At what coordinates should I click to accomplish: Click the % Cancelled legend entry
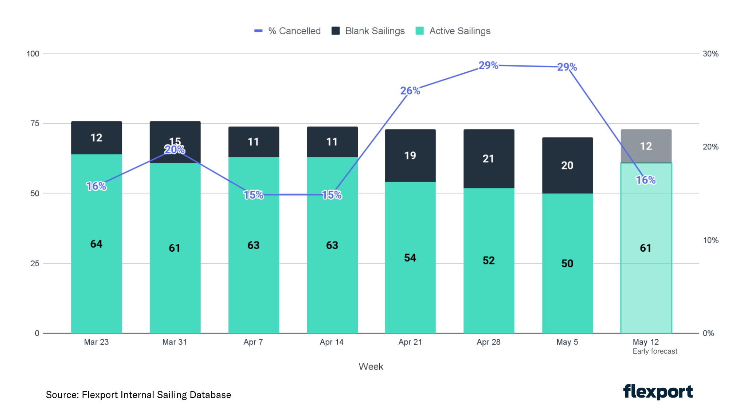(x=288, y=31)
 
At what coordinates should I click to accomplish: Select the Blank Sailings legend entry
(x=368, y=31)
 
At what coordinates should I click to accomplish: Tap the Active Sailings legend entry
(x=453, y=31)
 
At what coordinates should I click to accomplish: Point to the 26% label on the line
(x=410, y=91)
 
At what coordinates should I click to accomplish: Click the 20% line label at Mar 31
(x=175, y=150)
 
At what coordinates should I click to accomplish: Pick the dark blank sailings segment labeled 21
(x=489, y=159)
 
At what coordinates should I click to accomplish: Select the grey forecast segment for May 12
(x=646, y=146)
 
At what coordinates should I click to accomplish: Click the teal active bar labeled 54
(x=410, y=258)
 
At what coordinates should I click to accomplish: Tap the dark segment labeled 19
(x=410, y=156)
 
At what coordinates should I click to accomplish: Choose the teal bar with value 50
(x=567, y=263)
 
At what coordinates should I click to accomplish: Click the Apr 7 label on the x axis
(x=253, y=342)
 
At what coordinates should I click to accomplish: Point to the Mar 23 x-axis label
(x=96, y=342)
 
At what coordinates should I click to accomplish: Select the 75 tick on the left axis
(x=35, y=123)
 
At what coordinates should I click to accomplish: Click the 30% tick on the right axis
(x=710, y=54)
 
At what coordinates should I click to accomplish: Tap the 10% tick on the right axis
(x=710, y=240)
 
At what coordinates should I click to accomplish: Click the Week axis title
(x=371, y=366)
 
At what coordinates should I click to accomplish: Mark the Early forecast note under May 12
(x=655, y=351)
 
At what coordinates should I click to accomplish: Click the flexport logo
(x=658, y=392)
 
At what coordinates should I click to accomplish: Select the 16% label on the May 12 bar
(x=646, y=180)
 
